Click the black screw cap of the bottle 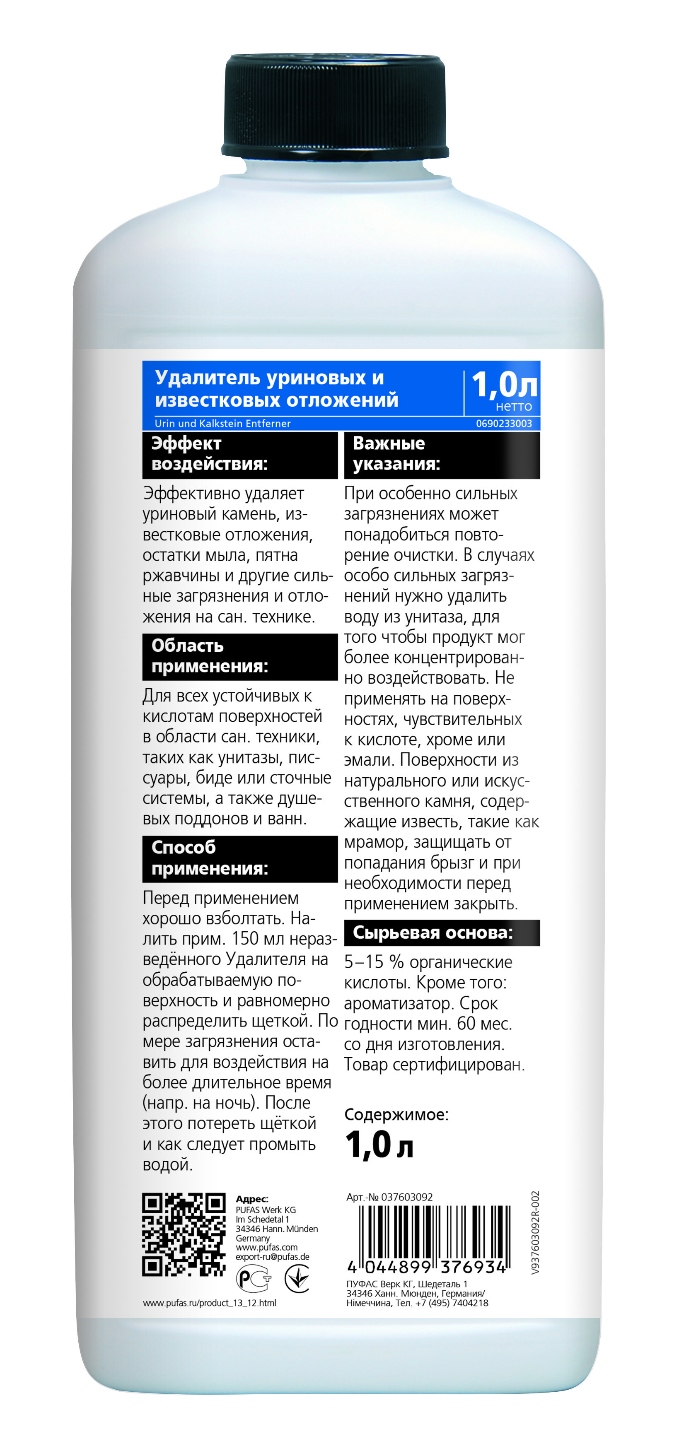[x=335, y=107]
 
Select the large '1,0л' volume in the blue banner [x=504, y=385]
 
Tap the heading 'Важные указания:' [x=396, y=453]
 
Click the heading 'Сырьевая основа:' [x=433, y=933]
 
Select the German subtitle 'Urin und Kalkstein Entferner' [x=222, y=424]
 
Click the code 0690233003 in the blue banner [x=504, y=424]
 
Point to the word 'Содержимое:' [x=396, y=1114]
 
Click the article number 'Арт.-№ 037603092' [x=389, y=1197]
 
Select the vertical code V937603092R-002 [x=535, y=1232]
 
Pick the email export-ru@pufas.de [x=272, y=1257]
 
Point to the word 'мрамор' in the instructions [x=374, y=842]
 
